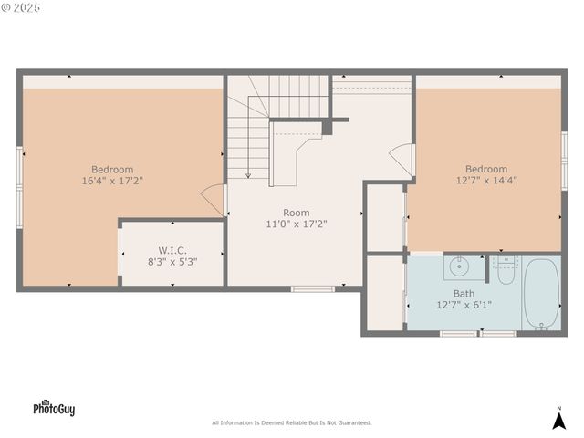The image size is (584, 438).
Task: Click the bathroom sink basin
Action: tap(459, 268)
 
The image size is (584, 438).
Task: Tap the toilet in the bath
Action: tap(506, 271)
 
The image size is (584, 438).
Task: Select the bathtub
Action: tap(541, 293)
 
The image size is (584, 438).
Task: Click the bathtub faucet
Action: tap(542, 323)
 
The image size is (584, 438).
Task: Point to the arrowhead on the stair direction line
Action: tap(248, 174)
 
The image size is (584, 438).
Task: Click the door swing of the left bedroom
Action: tap(214, 198)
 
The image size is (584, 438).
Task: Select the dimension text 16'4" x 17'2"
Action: tap(112, 181)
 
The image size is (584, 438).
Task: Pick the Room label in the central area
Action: tap(296, 212)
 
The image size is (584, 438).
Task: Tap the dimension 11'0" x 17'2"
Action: tap(296, 224)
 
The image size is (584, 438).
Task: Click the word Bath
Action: tap(464, 293)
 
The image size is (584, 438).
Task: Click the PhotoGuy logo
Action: tap(54, 408)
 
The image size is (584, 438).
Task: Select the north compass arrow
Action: tap(559, 419)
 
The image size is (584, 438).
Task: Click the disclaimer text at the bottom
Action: tap(291, 422)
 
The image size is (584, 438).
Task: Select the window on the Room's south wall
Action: tap(312, 289)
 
